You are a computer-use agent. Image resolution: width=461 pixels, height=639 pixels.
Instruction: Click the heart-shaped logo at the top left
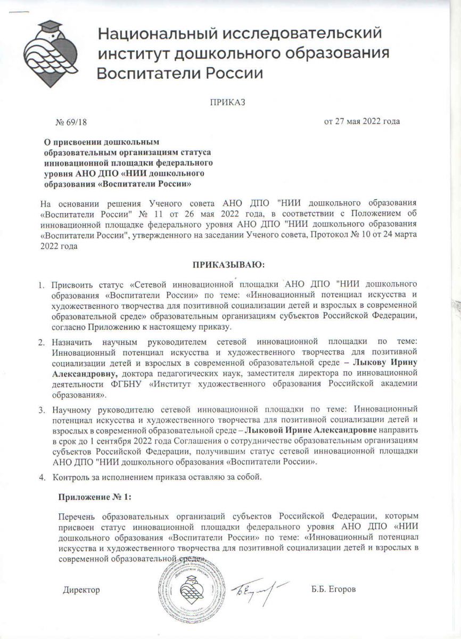52,51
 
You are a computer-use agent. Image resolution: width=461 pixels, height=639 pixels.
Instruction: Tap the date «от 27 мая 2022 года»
362,121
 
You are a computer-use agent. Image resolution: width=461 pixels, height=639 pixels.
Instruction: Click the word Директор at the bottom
81,590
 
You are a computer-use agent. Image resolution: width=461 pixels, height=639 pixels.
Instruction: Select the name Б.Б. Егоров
333,590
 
